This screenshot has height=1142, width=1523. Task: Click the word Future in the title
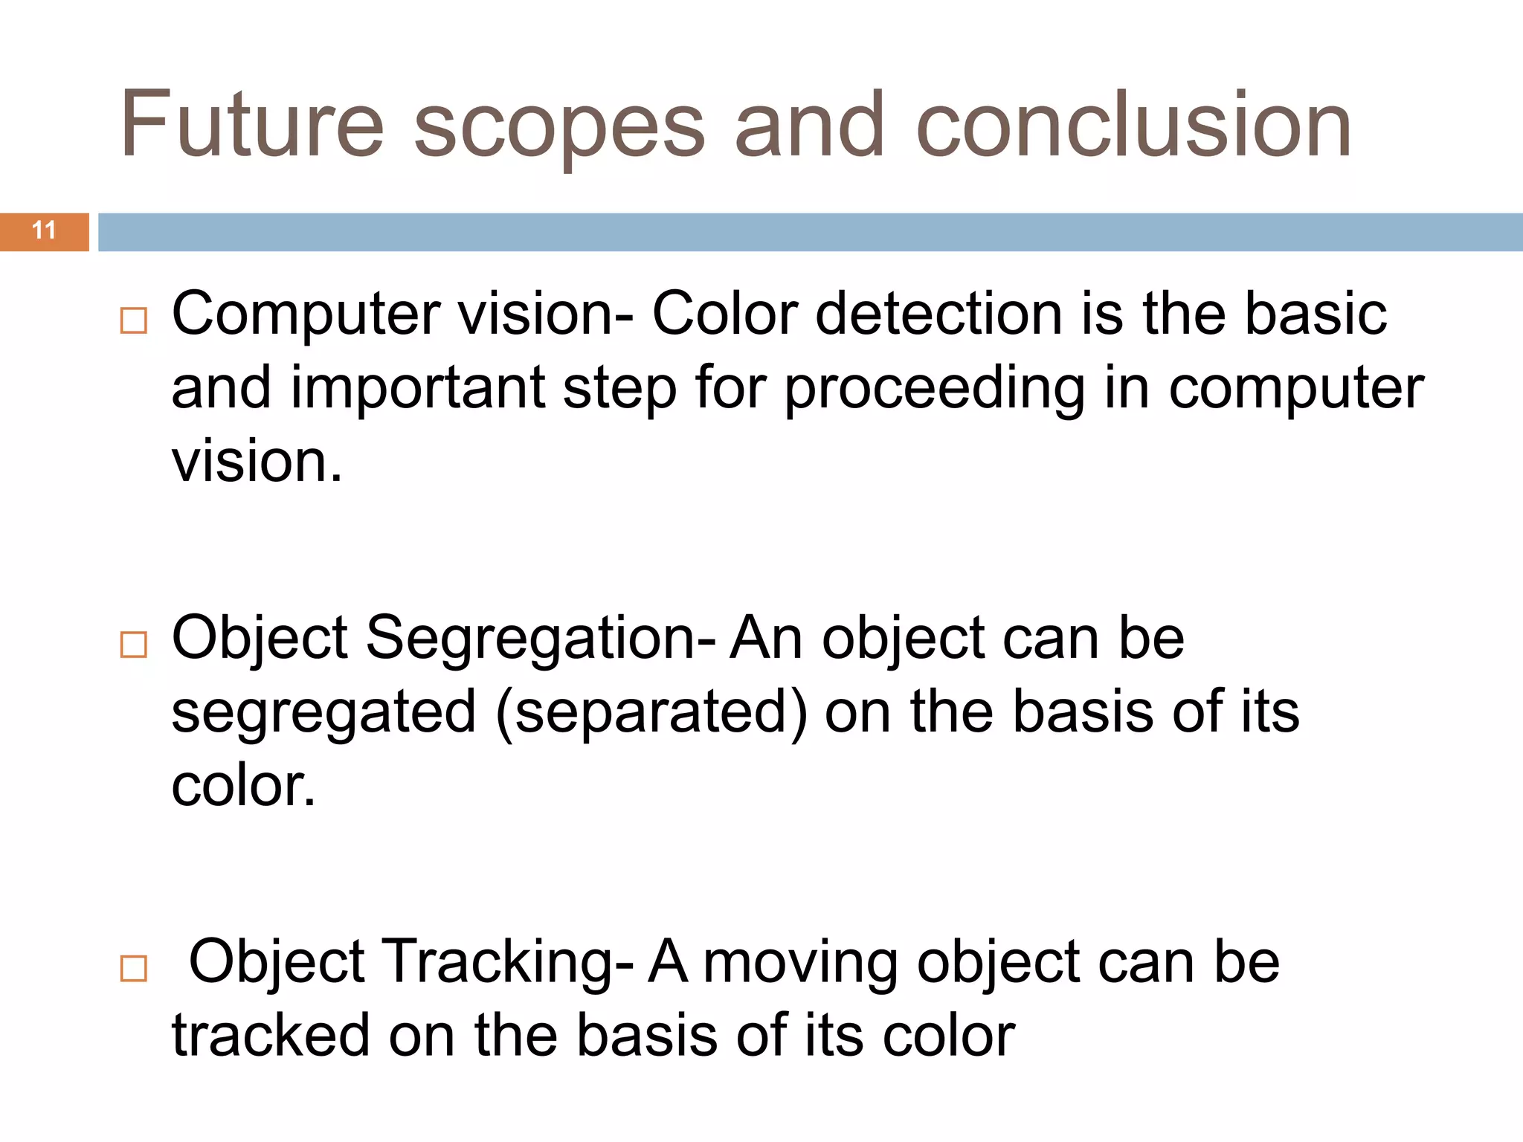point(252,124)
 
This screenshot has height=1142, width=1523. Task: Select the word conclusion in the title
point(1134,124)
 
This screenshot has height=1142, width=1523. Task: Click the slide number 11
point(44,230)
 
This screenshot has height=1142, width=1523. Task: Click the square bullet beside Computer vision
point(134,320)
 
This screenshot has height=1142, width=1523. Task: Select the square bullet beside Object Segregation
point(134,645)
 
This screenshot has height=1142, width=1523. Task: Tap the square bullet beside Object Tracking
point(134,969)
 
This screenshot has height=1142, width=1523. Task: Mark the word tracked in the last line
point(271,1036)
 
